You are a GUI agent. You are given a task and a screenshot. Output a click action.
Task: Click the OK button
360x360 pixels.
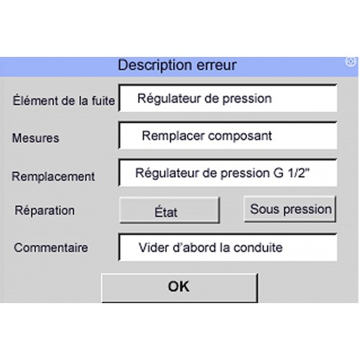point(179,287)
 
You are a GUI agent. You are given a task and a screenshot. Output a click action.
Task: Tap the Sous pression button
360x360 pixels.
point(290,209)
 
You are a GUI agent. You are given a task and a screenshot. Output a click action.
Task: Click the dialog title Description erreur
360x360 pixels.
point(177,65)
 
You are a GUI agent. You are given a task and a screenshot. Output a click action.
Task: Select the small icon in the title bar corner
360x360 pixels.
point(351,62)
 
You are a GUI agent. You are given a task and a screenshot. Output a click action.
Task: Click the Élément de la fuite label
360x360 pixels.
point(64,101)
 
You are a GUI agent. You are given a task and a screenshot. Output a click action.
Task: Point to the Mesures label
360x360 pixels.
point(35,138)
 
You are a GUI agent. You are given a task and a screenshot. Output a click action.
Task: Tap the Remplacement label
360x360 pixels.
point(53,176)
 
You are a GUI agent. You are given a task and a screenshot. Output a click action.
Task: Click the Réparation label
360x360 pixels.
point(45,210)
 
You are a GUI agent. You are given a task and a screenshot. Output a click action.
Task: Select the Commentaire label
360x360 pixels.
point(51,248)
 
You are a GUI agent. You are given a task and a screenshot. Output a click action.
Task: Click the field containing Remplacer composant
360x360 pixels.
point(228,135)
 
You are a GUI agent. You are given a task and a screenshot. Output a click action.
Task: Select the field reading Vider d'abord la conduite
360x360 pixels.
point(228,247)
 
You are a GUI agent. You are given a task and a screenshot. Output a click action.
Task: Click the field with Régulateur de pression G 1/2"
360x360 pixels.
point(228,173)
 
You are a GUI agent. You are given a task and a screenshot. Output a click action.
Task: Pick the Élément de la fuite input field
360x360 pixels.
point(228,98)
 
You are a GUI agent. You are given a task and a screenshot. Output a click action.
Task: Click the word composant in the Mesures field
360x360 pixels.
point(240,137)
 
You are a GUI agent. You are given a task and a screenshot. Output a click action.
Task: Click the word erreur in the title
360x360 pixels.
point(217,66)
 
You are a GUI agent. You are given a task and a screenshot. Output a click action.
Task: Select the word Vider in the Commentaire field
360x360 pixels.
point(154,248)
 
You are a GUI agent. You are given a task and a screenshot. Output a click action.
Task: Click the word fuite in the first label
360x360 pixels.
point(104,101)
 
